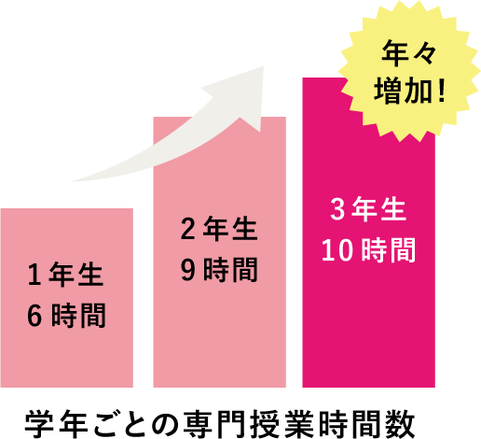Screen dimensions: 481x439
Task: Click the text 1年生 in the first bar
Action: (65, 275)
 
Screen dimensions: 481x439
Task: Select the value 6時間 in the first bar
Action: (66, 316)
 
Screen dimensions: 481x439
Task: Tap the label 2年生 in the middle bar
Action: (219, 229)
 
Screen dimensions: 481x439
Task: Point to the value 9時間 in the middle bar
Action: (219, 270)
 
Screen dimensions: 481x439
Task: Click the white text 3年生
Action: (368, 209)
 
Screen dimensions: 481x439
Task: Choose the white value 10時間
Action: (368, 250)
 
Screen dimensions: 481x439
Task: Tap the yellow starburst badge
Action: (409, 71)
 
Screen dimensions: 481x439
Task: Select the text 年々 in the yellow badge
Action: (409, 53)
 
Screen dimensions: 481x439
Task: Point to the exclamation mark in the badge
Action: (442, 91)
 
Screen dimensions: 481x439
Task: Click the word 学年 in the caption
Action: (57, 424)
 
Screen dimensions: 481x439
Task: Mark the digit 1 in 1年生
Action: (34, 275)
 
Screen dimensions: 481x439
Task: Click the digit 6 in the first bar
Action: (34, 316)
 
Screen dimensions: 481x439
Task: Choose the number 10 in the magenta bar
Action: (337, 250)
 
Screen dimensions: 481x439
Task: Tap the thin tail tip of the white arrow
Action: (73, 181)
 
